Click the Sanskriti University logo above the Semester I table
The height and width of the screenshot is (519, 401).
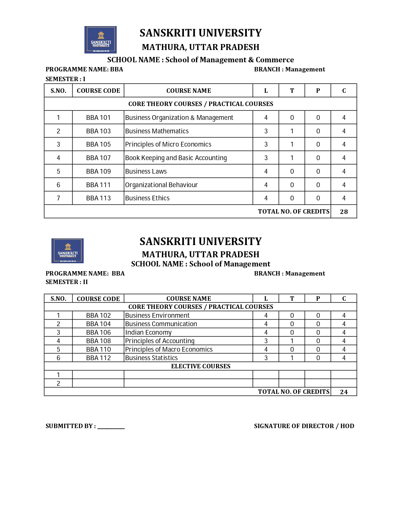(100, 40)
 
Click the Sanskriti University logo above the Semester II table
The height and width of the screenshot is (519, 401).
(67, 251)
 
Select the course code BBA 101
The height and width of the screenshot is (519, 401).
(98, 118)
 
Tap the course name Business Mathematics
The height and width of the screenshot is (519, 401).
(157, 131)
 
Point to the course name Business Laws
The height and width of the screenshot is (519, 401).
(146, 171)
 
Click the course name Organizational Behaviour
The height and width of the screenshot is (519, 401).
(161, 185)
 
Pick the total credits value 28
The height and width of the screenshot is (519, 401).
(344, 212)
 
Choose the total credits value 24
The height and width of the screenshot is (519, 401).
(344, 392)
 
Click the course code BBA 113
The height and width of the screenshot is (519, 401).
(98, 198)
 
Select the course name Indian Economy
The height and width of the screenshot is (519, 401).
(148, 332)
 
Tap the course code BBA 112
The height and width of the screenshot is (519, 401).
(98, 358)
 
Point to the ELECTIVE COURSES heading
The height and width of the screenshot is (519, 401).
(201, 366)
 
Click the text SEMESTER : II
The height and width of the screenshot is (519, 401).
(67, 282)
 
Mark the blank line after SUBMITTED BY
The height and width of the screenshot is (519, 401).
(111, 427)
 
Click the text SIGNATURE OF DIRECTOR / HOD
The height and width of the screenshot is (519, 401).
(304, 426)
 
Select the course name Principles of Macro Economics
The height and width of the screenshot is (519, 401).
(169, 349)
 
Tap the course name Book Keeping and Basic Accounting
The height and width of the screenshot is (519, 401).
(176, 158)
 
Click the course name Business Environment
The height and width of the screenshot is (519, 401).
(157, 315)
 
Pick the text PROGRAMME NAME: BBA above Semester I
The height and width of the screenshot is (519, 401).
(84, 69)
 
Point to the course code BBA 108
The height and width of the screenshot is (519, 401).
(98, 341)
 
